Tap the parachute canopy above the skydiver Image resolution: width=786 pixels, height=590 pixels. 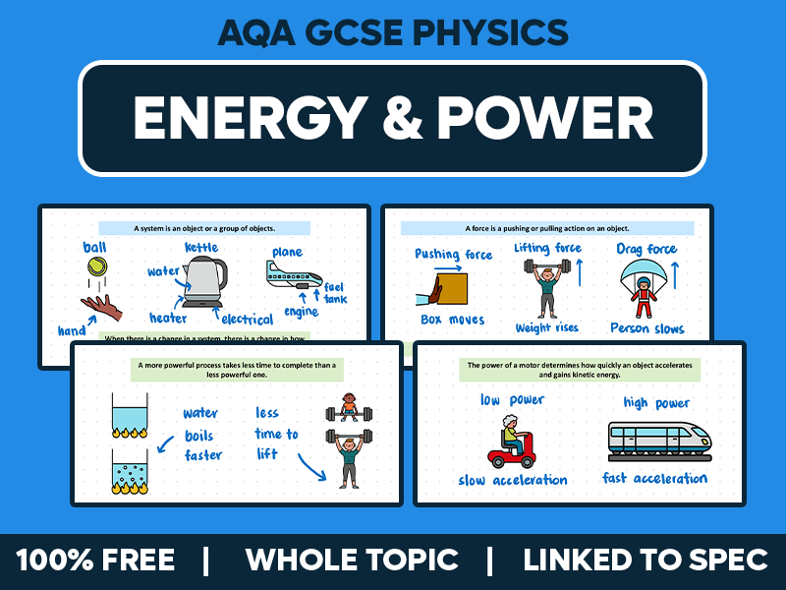pyautogui.click(x=645, y=274)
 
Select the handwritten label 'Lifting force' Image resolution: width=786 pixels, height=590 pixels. pyautogui.click(x=547, y=249)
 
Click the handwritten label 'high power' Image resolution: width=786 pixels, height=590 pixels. pyautogui.click(x=656, y=402)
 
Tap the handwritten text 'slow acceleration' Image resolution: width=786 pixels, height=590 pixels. pyautogui.click(x=512, y=481)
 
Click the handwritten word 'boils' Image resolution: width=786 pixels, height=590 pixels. pyautogui.click(x=199, y=436)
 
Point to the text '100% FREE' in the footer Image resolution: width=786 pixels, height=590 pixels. pyautogui.click(x=95, y=560)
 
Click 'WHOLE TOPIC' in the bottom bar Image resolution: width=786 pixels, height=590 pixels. pyautogui.click(x=352, y=560)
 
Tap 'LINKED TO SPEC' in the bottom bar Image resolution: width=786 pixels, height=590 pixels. pyautogui.click(x=645, y=560)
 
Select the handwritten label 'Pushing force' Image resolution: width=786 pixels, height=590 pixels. pyautogui.click(x=453, y=254)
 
